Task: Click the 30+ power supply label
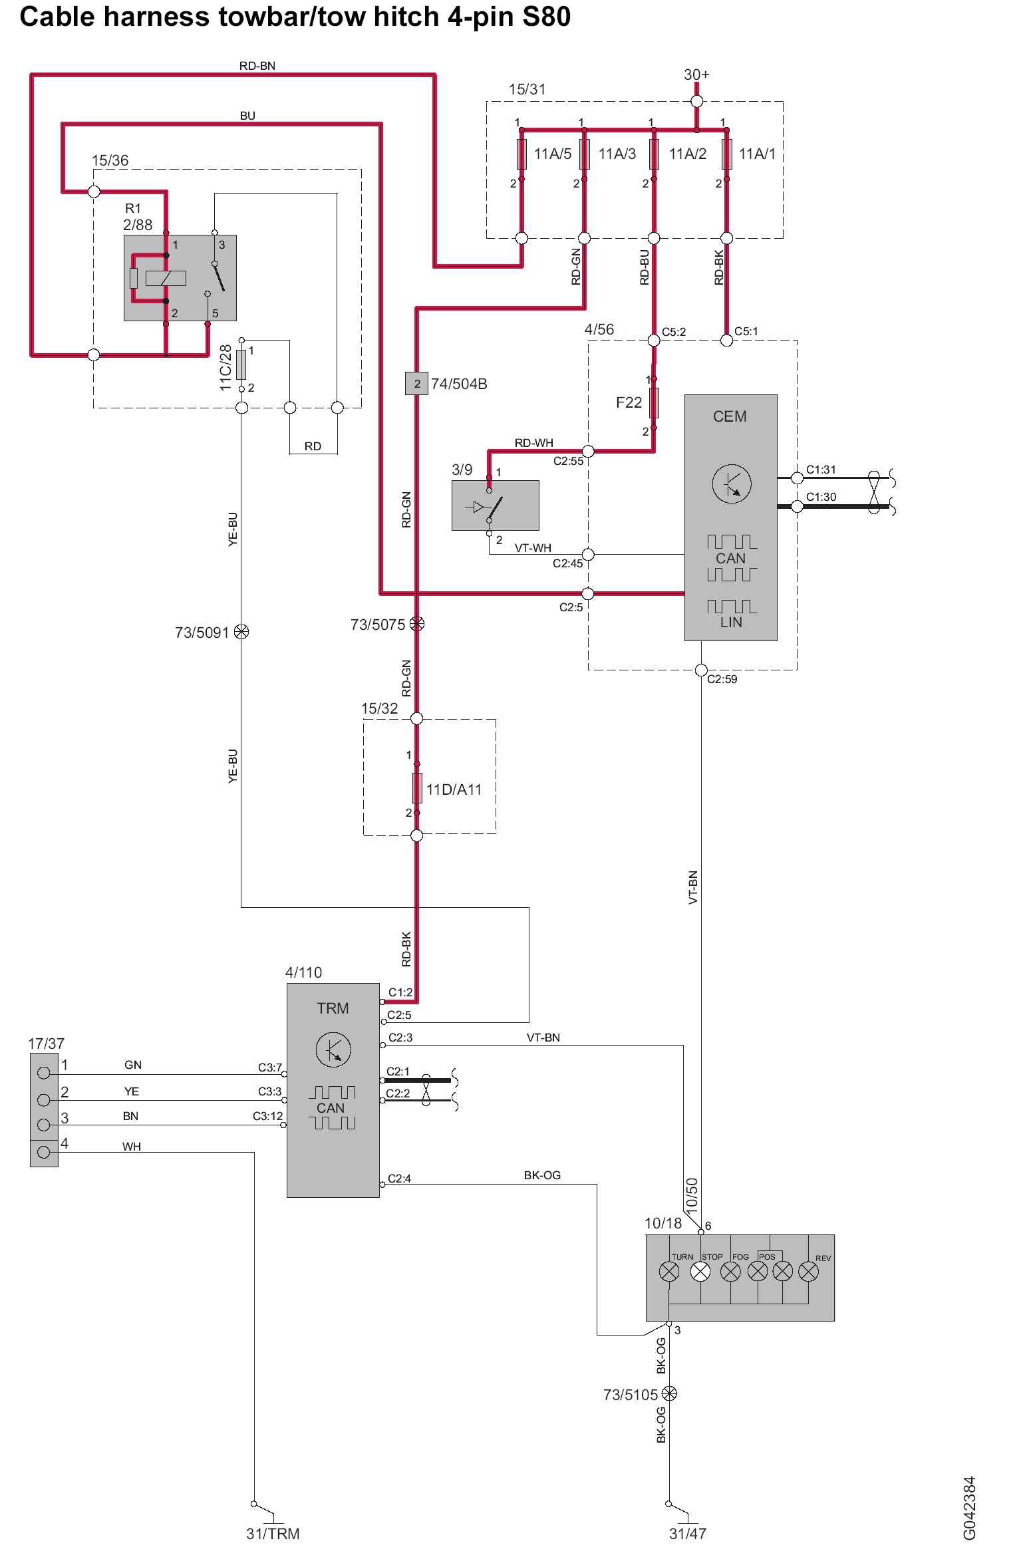coord(696,74)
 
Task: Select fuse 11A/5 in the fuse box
coord(521,154)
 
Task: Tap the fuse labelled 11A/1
coord(727,154)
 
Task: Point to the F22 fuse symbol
coord(654,403)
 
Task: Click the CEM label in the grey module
coord(730,416)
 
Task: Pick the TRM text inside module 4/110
coord(333,1008)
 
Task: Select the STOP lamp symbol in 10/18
coord(700,1272)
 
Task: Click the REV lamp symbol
coord(809,1272)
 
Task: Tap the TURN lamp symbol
coord(669,1272)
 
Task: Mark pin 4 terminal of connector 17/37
coord(44,1152)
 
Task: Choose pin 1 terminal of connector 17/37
coord(44,1073)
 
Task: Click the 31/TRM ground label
coord(273,1534)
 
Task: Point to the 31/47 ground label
coord(687,1534)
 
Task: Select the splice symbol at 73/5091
coord(241,632)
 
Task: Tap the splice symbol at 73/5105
coord(670,1394)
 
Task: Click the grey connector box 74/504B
coord(416,384)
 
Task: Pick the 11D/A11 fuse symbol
coord(417,788)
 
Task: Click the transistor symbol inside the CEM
coord(732,484)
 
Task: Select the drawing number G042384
coord(969,1508)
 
